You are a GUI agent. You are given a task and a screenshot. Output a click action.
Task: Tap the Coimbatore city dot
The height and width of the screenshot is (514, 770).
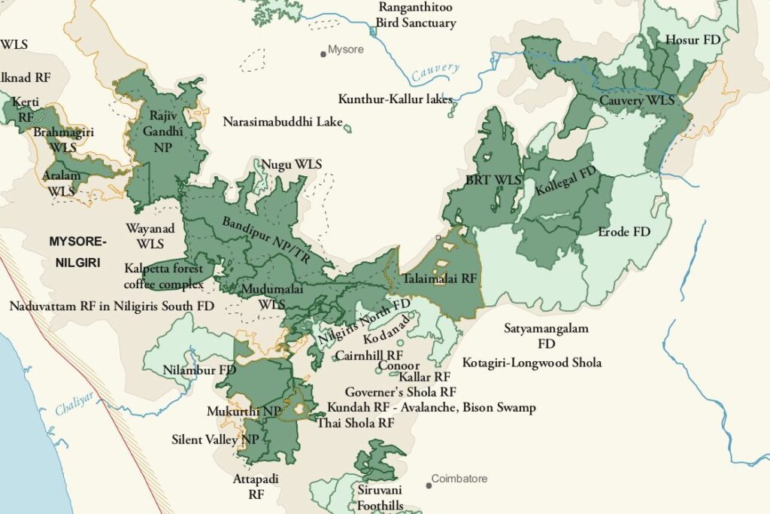click(x=429, y=485)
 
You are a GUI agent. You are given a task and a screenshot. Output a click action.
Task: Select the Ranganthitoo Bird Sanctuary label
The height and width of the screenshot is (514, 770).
click(x=417, y=15)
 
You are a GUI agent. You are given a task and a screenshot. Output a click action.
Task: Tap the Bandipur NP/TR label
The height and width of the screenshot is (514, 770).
click(x=259, y=240)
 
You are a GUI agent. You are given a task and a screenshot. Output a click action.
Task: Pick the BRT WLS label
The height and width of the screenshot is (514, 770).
click(x=493, y=181)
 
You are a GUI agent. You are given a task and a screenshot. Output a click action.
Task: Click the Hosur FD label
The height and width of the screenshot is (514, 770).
click(x=693, y=40)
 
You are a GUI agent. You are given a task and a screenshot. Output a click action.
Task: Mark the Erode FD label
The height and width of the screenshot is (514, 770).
click(x=624, y=231)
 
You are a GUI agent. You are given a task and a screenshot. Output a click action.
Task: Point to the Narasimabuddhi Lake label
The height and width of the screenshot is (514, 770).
click(x=283, y=121)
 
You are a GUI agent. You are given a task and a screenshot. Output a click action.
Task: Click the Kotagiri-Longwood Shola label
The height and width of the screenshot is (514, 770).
click(x=532, y=363)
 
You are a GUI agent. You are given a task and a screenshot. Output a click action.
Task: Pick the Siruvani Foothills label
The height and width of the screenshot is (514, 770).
click(x=380, y=497)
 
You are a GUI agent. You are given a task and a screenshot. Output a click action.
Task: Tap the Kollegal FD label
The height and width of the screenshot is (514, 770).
click(x=565, y=181)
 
